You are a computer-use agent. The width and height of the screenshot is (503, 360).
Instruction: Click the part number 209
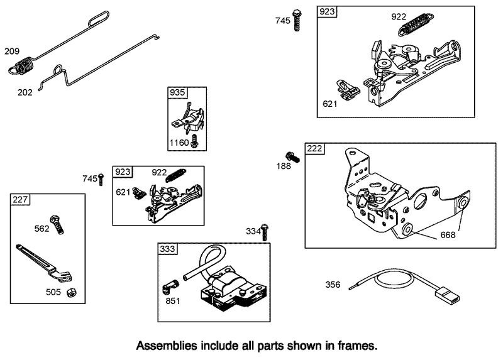click(12, 51)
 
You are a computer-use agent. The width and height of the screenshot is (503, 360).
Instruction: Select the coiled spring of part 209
click(25, 65)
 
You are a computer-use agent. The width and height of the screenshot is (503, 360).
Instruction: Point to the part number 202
click(25, 91)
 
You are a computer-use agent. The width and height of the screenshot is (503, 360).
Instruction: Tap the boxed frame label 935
click(177, 92)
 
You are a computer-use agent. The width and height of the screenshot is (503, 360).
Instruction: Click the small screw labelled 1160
click(195, 141)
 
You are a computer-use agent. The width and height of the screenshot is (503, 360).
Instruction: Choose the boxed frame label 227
click(20, 200)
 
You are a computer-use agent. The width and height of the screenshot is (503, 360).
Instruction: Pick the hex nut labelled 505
click(72, 293)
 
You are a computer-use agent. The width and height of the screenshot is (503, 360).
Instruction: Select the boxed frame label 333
click(167, 249)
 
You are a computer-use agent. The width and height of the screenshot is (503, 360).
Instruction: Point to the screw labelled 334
click(265, 232)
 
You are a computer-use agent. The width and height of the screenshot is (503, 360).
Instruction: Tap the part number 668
click(447, 235)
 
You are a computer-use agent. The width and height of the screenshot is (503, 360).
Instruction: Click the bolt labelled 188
click(292, 155)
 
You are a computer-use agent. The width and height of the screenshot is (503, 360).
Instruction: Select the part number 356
click(333, 285)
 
